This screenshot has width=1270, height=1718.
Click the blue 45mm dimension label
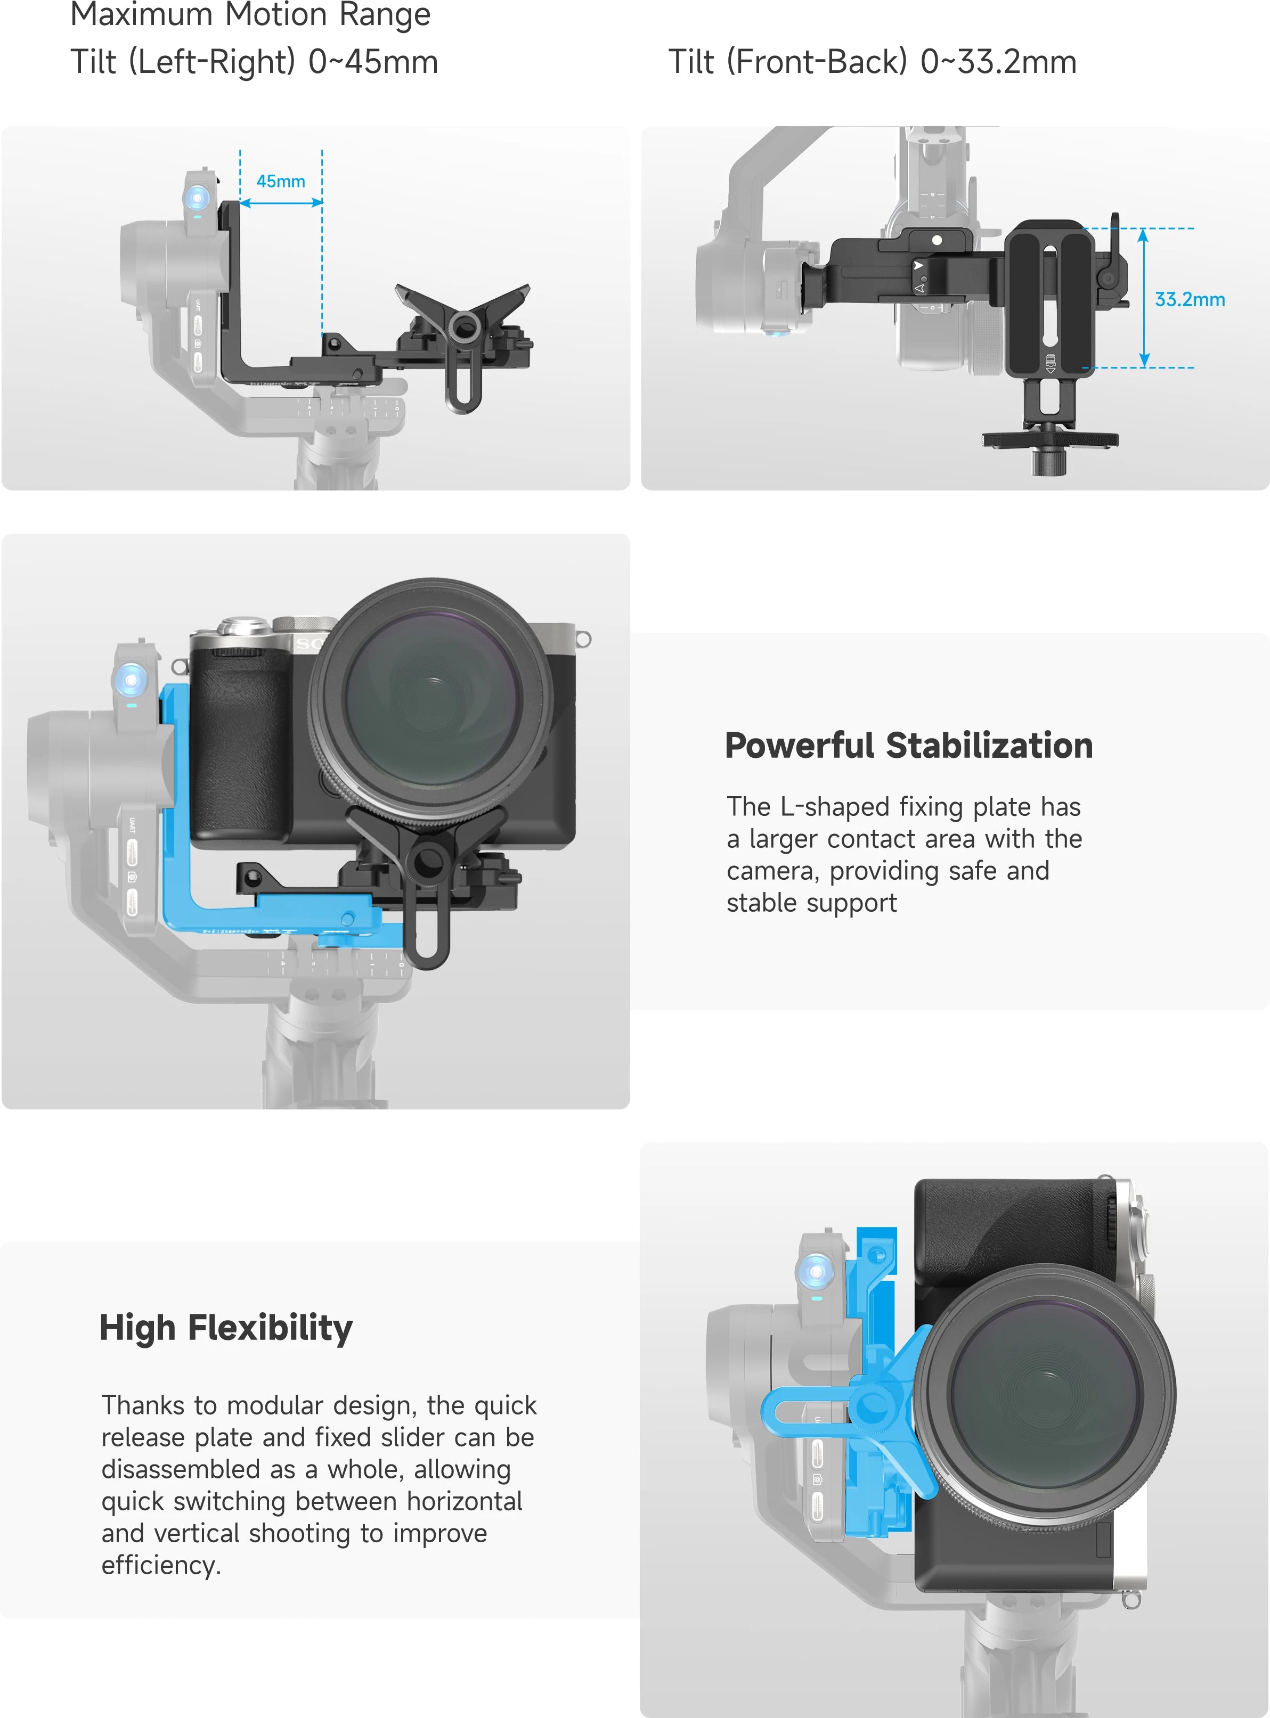281,181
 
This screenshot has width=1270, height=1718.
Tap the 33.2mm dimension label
1189,300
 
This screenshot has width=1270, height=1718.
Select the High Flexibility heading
226,1328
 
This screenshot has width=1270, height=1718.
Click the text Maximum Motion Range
250,14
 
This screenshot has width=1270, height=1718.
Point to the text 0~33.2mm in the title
998,61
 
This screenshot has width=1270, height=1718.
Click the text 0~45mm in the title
373,61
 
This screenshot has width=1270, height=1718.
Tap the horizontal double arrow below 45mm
281,203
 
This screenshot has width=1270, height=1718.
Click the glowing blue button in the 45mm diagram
198,198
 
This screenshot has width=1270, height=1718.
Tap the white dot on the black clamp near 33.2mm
937,241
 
